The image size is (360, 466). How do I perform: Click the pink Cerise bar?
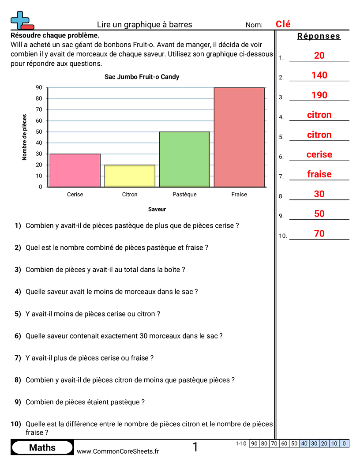(75, 170)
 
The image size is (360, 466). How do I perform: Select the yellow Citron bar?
(130, 176)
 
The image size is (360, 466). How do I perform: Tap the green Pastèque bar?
(184, 159)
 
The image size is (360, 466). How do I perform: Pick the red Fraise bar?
(239, 137)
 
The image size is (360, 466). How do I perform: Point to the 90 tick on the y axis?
(39, 87)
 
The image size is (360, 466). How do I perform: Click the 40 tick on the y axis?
(39, 143)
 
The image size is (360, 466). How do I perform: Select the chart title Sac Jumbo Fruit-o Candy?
(142, 77)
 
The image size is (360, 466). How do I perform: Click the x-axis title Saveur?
(157, 209)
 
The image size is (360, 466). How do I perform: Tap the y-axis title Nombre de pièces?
(25, 137)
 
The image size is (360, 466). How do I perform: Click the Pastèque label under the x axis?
(184, 194)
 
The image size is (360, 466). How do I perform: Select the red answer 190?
(319, 95)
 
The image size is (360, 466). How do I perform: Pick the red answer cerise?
(319, 154)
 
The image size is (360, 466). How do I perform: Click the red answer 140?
(319, 75)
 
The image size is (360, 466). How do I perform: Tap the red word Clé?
(283, 25)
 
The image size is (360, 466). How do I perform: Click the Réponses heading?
(319, 36)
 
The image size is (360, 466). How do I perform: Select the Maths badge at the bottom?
(42, 447)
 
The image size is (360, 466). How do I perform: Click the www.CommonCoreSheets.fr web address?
(118, 451)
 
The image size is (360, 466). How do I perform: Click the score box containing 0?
(344, 443)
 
